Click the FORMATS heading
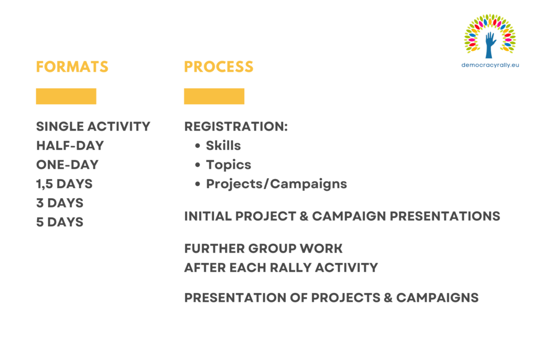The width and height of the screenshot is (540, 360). pyautogui.click(x=72, y=67)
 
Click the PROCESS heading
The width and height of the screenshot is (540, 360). pyautogui.click(x=219, y=67)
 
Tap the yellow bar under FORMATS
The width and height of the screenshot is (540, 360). pyautogui.click(x=66, y=96)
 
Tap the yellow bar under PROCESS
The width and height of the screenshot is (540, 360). pyautogui.click(x=214, y=96)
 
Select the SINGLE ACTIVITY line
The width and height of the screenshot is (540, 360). pyautogui.click(x=93, y=126)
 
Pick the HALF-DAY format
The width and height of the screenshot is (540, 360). pyautogui.click(x=70, y=146)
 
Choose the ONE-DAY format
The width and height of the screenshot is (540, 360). pyautogui.click(x=68, y=165)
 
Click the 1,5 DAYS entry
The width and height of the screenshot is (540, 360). pyautogui.click(x=64, y=184)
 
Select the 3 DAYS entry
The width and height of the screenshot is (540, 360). pyautogui.click(x=60, y=203)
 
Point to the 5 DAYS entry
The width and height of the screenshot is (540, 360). pyautogui.click(x=60, y=222)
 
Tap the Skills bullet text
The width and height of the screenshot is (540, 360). pyautogui.click(x=223, y=146)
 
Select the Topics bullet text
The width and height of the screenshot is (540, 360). pyautogui.click(x=229, y=165)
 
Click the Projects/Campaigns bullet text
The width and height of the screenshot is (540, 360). pyautogui.click(x=276, y=184)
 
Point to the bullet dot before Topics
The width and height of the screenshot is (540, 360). pyautogui.click(x=197, y=165)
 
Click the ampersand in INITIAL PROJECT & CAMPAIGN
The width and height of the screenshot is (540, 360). pyautogui.click(x=304, y=216)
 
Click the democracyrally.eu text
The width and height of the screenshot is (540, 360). pyautogui.click(x=490, y=65)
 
